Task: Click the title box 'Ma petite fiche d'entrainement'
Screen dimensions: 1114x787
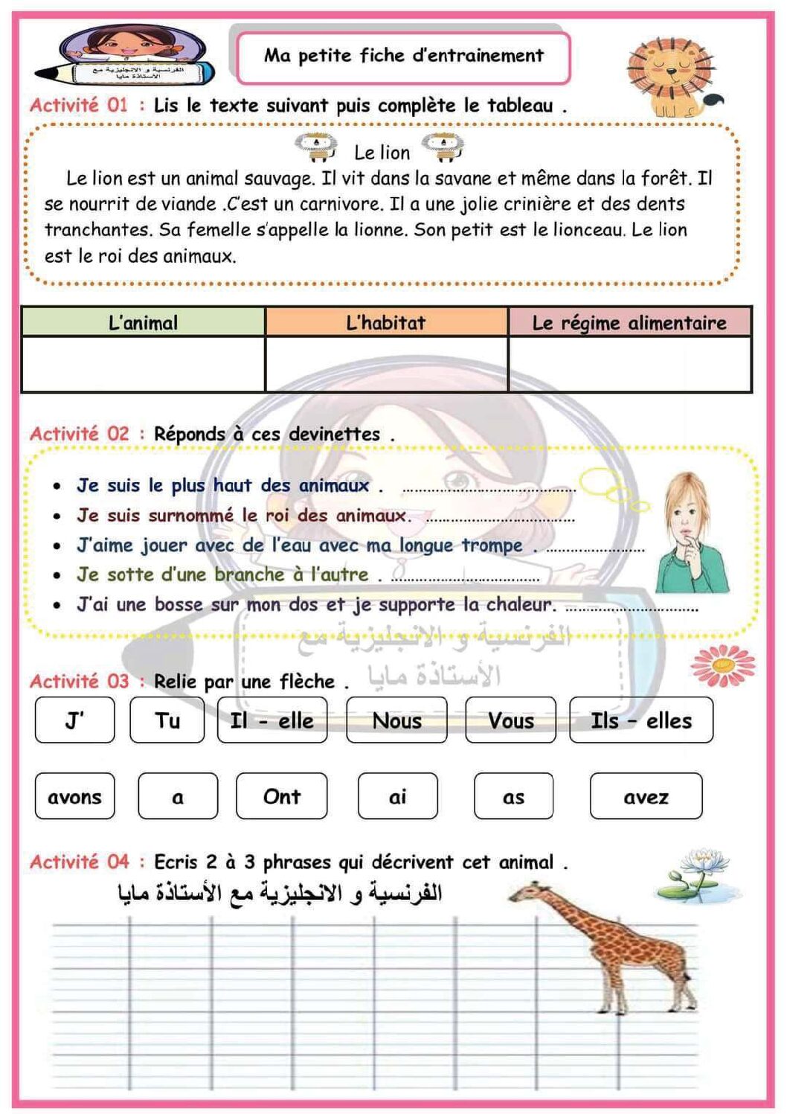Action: tap(403, 56)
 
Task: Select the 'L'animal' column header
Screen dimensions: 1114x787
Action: tap(143, 322)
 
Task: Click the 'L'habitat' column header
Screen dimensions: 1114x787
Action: tap(386, 322)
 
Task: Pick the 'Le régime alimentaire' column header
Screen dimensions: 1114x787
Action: tap(629, 322)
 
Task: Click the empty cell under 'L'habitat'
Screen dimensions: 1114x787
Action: tap(386, 364)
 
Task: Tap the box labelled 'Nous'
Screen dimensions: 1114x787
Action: tap(396, 720)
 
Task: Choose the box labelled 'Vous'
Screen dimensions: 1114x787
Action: tap(510, 720)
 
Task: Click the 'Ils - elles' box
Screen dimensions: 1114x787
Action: tap(640, 720)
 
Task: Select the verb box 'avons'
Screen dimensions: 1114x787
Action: tap(74, 796)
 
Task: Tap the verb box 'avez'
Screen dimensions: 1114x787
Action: tap(646, 796)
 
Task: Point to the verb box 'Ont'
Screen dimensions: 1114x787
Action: tap(281, 796)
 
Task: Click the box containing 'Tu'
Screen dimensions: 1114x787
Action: tap(167, 720)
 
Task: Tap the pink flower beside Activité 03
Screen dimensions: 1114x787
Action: tap(722, 665)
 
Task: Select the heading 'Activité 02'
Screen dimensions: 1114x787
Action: tap(80, 433)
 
